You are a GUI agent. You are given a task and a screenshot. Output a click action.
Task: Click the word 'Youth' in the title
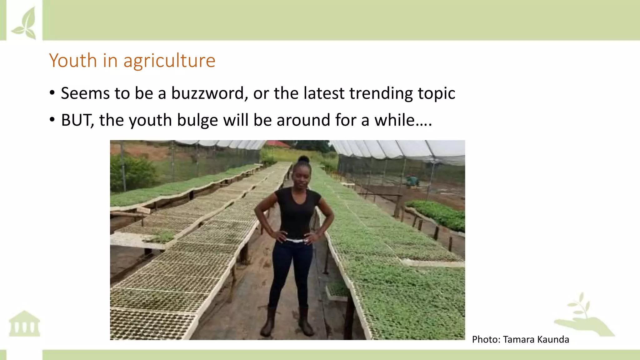[73, 60]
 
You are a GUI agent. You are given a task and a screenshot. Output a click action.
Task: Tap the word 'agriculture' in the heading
[169, 61]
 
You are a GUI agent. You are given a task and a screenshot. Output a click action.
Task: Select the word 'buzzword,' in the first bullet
[209, 93]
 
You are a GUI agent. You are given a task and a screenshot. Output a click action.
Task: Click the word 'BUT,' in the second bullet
[77, 120]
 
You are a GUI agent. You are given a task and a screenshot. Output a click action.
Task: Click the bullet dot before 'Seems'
[52, 93]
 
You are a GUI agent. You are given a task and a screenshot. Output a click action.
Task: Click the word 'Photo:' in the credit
[486, 339]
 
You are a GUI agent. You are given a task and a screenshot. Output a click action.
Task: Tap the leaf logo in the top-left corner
[24, 23]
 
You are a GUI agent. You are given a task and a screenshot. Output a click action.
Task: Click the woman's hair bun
[303, 159]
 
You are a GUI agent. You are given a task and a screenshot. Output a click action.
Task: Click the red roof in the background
[277, 144]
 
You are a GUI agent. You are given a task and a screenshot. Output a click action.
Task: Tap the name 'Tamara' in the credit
[517, 339]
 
